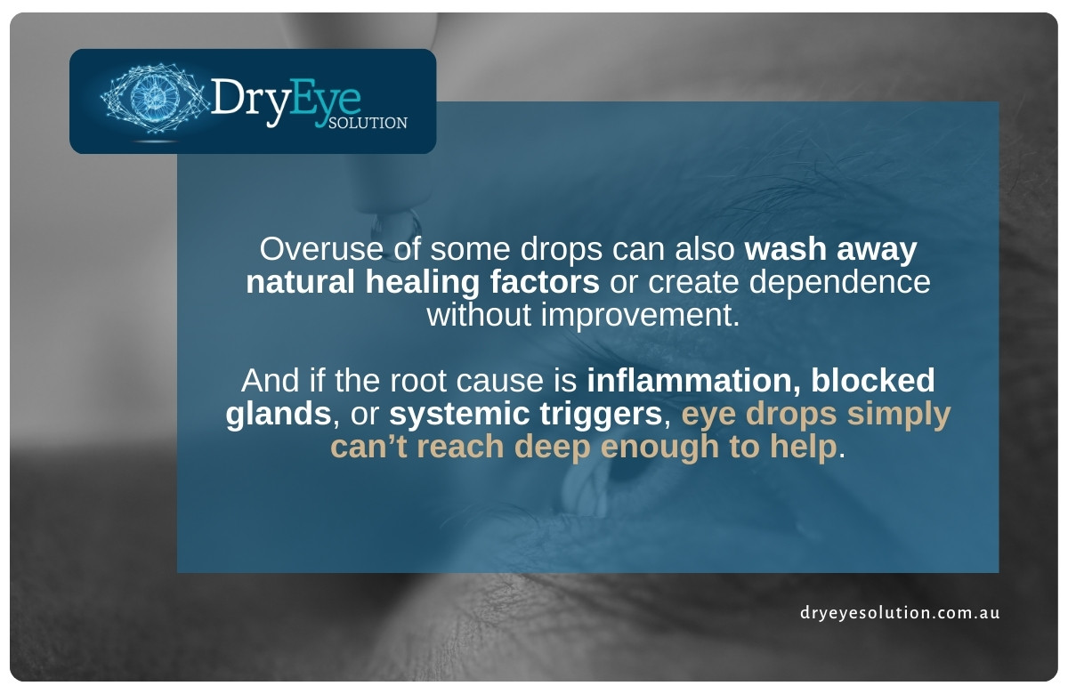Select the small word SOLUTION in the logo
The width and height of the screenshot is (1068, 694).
[x=368, y=123]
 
